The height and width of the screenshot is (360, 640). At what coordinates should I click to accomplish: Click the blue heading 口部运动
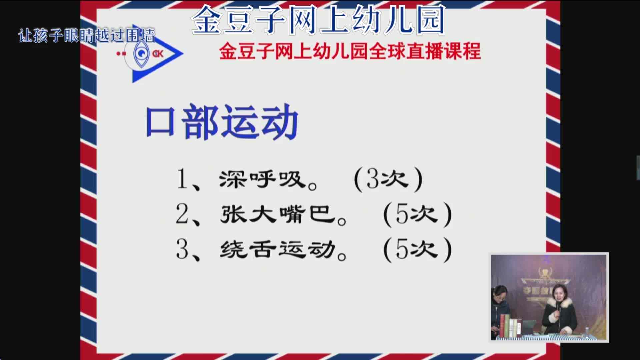(x=222, y=122)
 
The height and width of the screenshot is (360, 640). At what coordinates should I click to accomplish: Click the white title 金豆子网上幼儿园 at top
(x=318, y=20)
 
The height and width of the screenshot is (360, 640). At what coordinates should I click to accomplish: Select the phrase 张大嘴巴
(x=278, y=214)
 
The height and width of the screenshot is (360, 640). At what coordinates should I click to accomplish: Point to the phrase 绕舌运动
(x=278, y=249)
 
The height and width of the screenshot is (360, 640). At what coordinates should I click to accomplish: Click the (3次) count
(x=388, y=180)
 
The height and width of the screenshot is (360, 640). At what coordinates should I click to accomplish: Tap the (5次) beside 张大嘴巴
(x=417, y=214)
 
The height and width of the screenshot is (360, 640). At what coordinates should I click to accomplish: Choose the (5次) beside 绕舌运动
(x=417, y=249)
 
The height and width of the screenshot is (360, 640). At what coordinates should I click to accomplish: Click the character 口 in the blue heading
(x=160, y=122)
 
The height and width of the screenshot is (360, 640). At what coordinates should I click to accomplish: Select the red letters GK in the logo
(x=158, y=54)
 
